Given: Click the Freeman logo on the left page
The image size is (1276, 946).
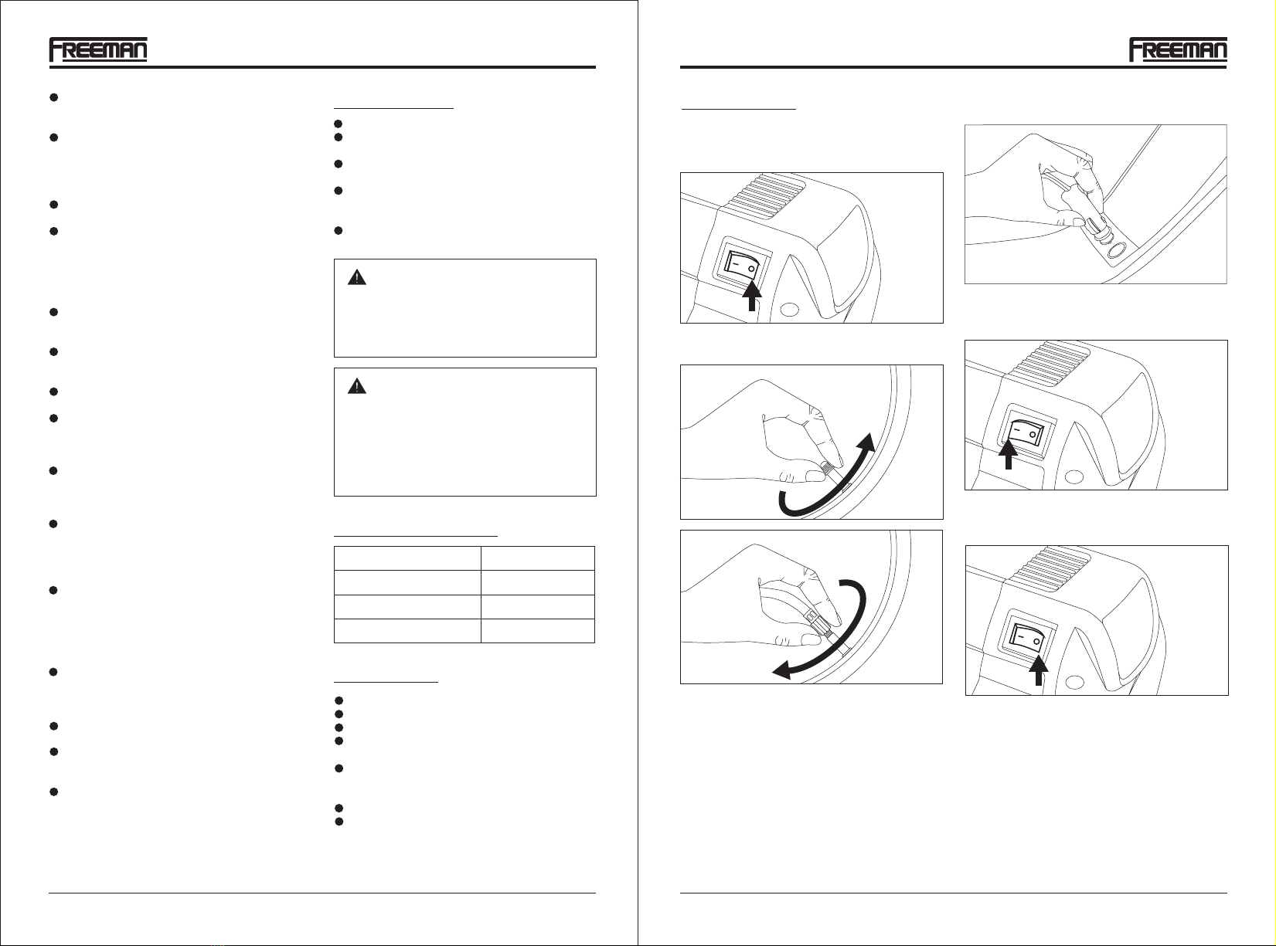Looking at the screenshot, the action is click(x=98, y=49).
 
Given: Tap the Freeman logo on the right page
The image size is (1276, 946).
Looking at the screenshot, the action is click(x=1178, y=49).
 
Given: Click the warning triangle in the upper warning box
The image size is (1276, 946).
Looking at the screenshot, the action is click(x=357, y=278).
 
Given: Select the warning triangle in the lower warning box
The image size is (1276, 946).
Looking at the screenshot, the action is click(x=357, y=386).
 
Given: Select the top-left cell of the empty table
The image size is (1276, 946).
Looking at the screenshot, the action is click(x=407, y=558).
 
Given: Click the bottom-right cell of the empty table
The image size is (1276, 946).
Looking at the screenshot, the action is click(x=538, y=631).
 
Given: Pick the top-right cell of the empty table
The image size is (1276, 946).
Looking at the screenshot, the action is click(x=538, y=558).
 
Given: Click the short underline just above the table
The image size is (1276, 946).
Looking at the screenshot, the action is click(x=415, y=535).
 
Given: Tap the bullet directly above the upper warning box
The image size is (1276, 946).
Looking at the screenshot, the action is click(x=339, y=231).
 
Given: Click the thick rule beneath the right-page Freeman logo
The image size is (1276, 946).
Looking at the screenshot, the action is click(x=954, y=67).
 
